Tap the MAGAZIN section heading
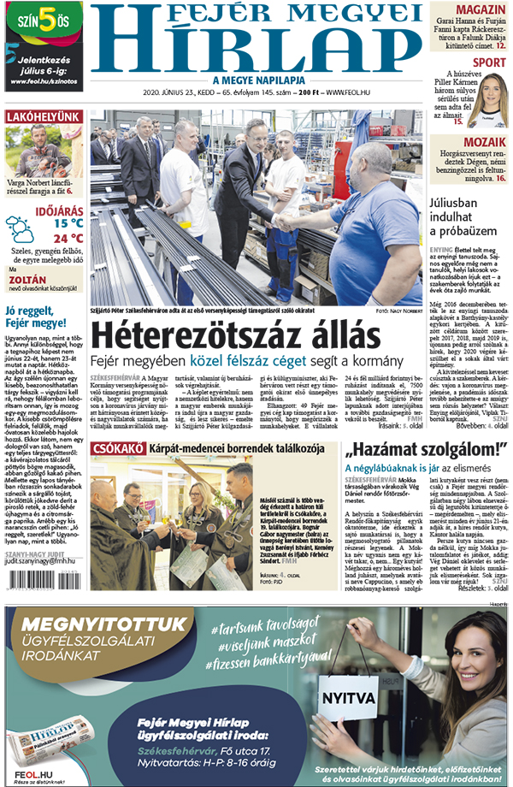[x=480, y=10]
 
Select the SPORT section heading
[x=488, y=62]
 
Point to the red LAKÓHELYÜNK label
[x=44, y=117]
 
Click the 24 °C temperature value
[x=68, y=239]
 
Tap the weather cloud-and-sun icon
[x=20, y=229]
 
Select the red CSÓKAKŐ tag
[x=117, y=447]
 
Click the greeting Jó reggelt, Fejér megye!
[x=36, y=317]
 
